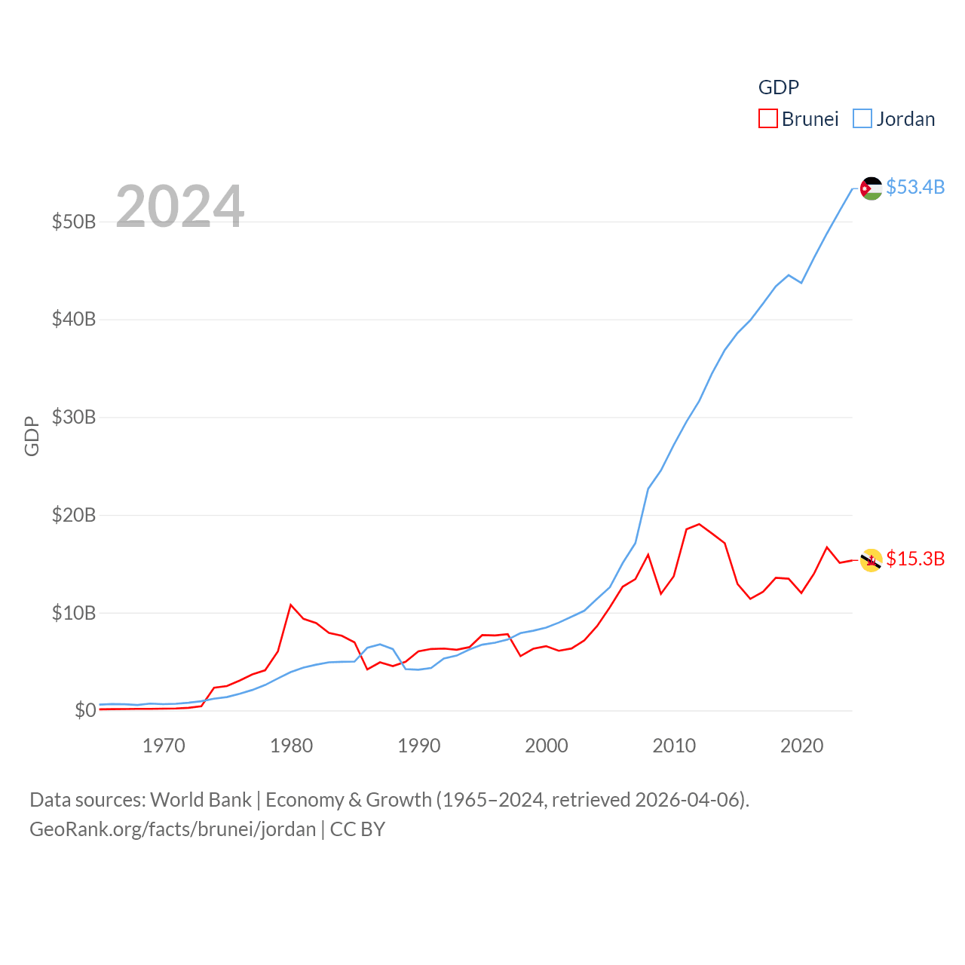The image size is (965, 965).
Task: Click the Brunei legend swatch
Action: pos(767,119)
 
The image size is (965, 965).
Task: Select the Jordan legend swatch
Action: pos(862,119)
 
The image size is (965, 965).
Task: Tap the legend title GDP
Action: pos(778,87)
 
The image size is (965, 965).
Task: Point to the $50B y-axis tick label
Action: pos(74,222)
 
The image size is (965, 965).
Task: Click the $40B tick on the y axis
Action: pos(74,319)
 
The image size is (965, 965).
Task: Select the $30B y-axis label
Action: pos(74,417)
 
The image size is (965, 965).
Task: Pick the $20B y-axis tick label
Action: pos(74,515)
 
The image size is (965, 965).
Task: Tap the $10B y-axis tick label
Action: pos(74,613)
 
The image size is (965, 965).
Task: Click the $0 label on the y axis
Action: pos(85,710)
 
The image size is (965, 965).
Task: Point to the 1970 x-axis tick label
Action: pos(164,746)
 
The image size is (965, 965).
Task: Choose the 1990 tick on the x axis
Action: pos(419,746)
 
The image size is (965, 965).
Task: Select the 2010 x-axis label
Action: pos(674,746)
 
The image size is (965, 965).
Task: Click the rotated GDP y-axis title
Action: pos(32,436)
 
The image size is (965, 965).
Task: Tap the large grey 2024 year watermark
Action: pos(179,207)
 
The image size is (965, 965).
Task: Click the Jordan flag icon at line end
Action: pos(871,188)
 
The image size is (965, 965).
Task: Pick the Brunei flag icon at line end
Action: pos(871,560)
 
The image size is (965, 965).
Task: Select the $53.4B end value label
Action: pos(915,187)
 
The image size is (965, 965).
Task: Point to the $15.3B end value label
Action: pos(915,559)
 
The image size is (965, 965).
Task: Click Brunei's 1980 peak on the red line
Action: pos(290,605)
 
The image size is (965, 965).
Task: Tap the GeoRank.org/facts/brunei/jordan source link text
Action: pos(173,829)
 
